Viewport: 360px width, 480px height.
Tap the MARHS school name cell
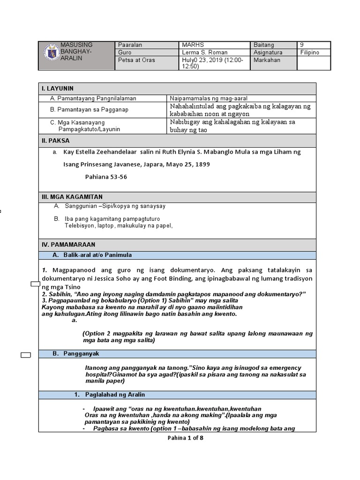[x=192, y=45]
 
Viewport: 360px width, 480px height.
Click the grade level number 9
[x=301, y=45]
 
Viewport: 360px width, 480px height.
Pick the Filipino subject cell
[x=309, y=52]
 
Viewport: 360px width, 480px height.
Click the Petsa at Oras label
[x=136, y=60]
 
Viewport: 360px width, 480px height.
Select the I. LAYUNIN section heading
[x=57, y=88]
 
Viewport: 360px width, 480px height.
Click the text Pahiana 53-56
[x=105, y=177]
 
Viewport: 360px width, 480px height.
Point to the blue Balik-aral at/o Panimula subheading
[x=98, y=255]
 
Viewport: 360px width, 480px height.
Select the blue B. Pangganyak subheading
[x=82, y=353]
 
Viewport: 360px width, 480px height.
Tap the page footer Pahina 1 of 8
[x=185, y=438]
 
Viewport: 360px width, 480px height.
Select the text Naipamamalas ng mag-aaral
[x=209, y=98]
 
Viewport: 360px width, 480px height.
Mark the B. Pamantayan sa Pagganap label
[x=89, y=110]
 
